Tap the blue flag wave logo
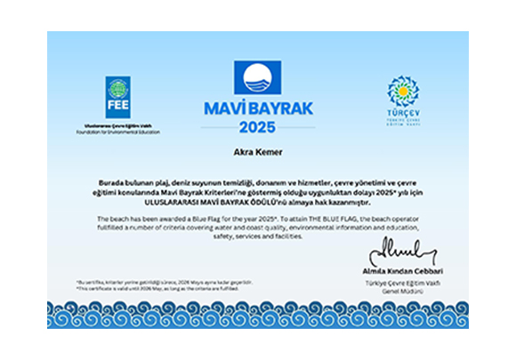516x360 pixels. tap(257, 79)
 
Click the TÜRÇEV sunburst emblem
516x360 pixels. tap(402, 92)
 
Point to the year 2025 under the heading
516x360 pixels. tap(257, 125)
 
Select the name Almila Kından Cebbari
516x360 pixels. tap(410, 269)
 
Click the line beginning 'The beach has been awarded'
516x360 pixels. tap(258, 218)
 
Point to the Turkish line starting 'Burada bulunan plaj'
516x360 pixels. tap(258, 180)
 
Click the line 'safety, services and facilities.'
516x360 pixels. tap(258, 236)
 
